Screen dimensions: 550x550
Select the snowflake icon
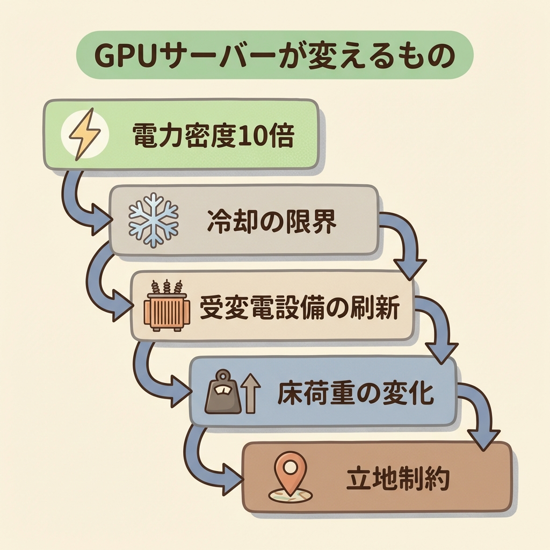[153, 221]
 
